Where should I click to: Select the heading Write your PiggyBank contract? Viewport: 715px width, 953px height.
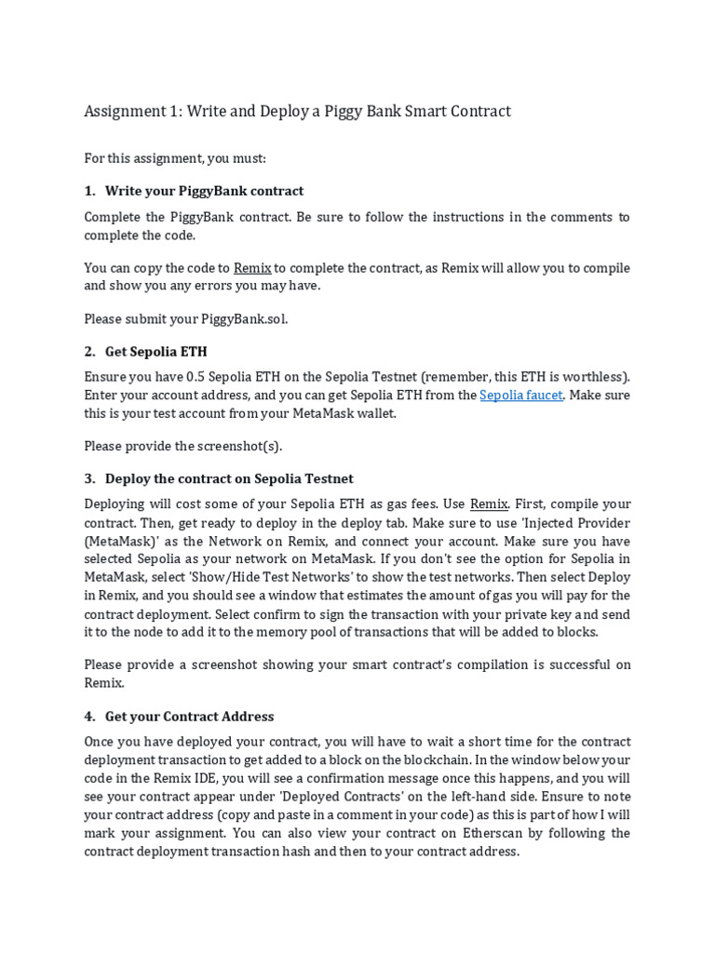204,191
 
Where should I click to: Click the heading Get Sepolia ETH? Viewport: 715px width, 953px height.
155,352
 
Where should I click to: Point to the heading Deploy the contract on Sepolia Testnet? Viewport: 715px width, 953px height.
229,478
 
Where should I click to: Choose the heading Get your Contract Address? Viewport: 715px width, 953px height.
189,717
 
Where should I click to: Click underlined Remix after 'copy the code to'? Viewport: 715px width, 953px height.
251,268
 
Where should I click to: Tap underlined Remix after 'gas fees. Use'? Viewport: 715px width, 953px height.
489,504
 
